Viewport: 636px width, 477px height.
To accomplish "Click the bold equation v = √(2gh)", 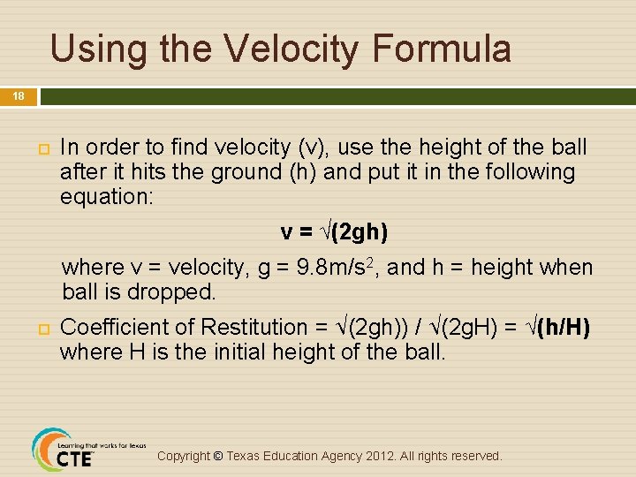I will (334, 232).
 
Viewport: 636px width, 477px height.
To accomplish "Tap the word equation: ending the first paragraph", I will (107, 197).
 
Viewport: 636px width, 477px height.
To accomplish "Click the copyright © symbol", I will (217, 456).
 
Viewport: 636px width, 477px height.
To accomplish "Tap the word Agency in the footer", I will (317, 456).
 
